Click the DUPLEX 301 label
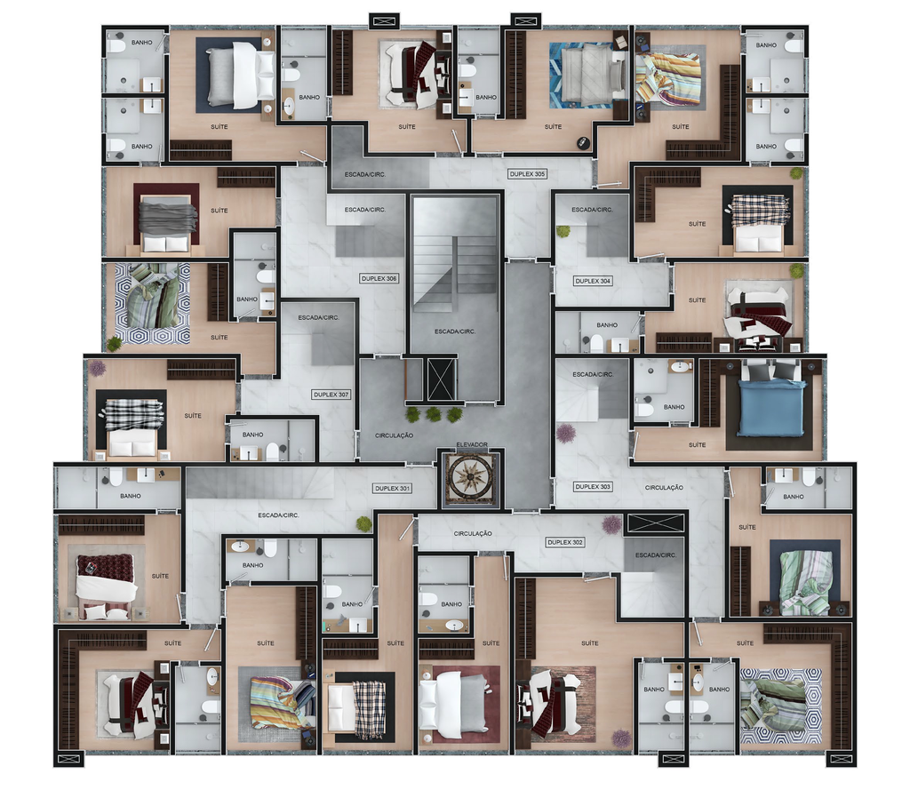pyautogui.click(x=392, y=488)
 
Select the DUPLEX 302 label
pyautogui.click(x=564, y=542)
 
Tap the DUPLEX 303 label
pyautogui.click(x=593, y=486)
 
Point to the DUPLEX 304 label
pyautogui.click(x=593, y=281)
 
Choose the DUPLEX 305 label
pyautogui.click(x=527, y=174)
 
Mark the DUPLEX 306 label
pyautogui.click(x=379, y=279)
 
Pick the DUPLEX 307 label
pyautogui.click(x=331, y=395)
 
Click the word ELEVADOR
pyautogui.click(x=472, y=444)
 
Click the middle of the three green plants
pyautogui.click(x=433, y=414)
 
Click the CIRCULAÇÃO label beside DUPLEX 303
pyautogui.click(x=664, y=488)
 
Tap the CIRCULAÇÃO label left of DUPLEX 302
pyautogui.click(x=473, y=533)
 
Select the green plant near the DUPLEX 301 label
pyautogui.click(x=363, y=523)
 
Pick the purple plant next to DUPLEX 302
pyautogui.click(x=611, y=524)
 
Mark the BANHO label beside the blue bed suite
pyautogui.click(x=674, y=407)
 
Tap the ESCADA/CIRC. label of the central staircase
pyautogui.click(x=455, y=331)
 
